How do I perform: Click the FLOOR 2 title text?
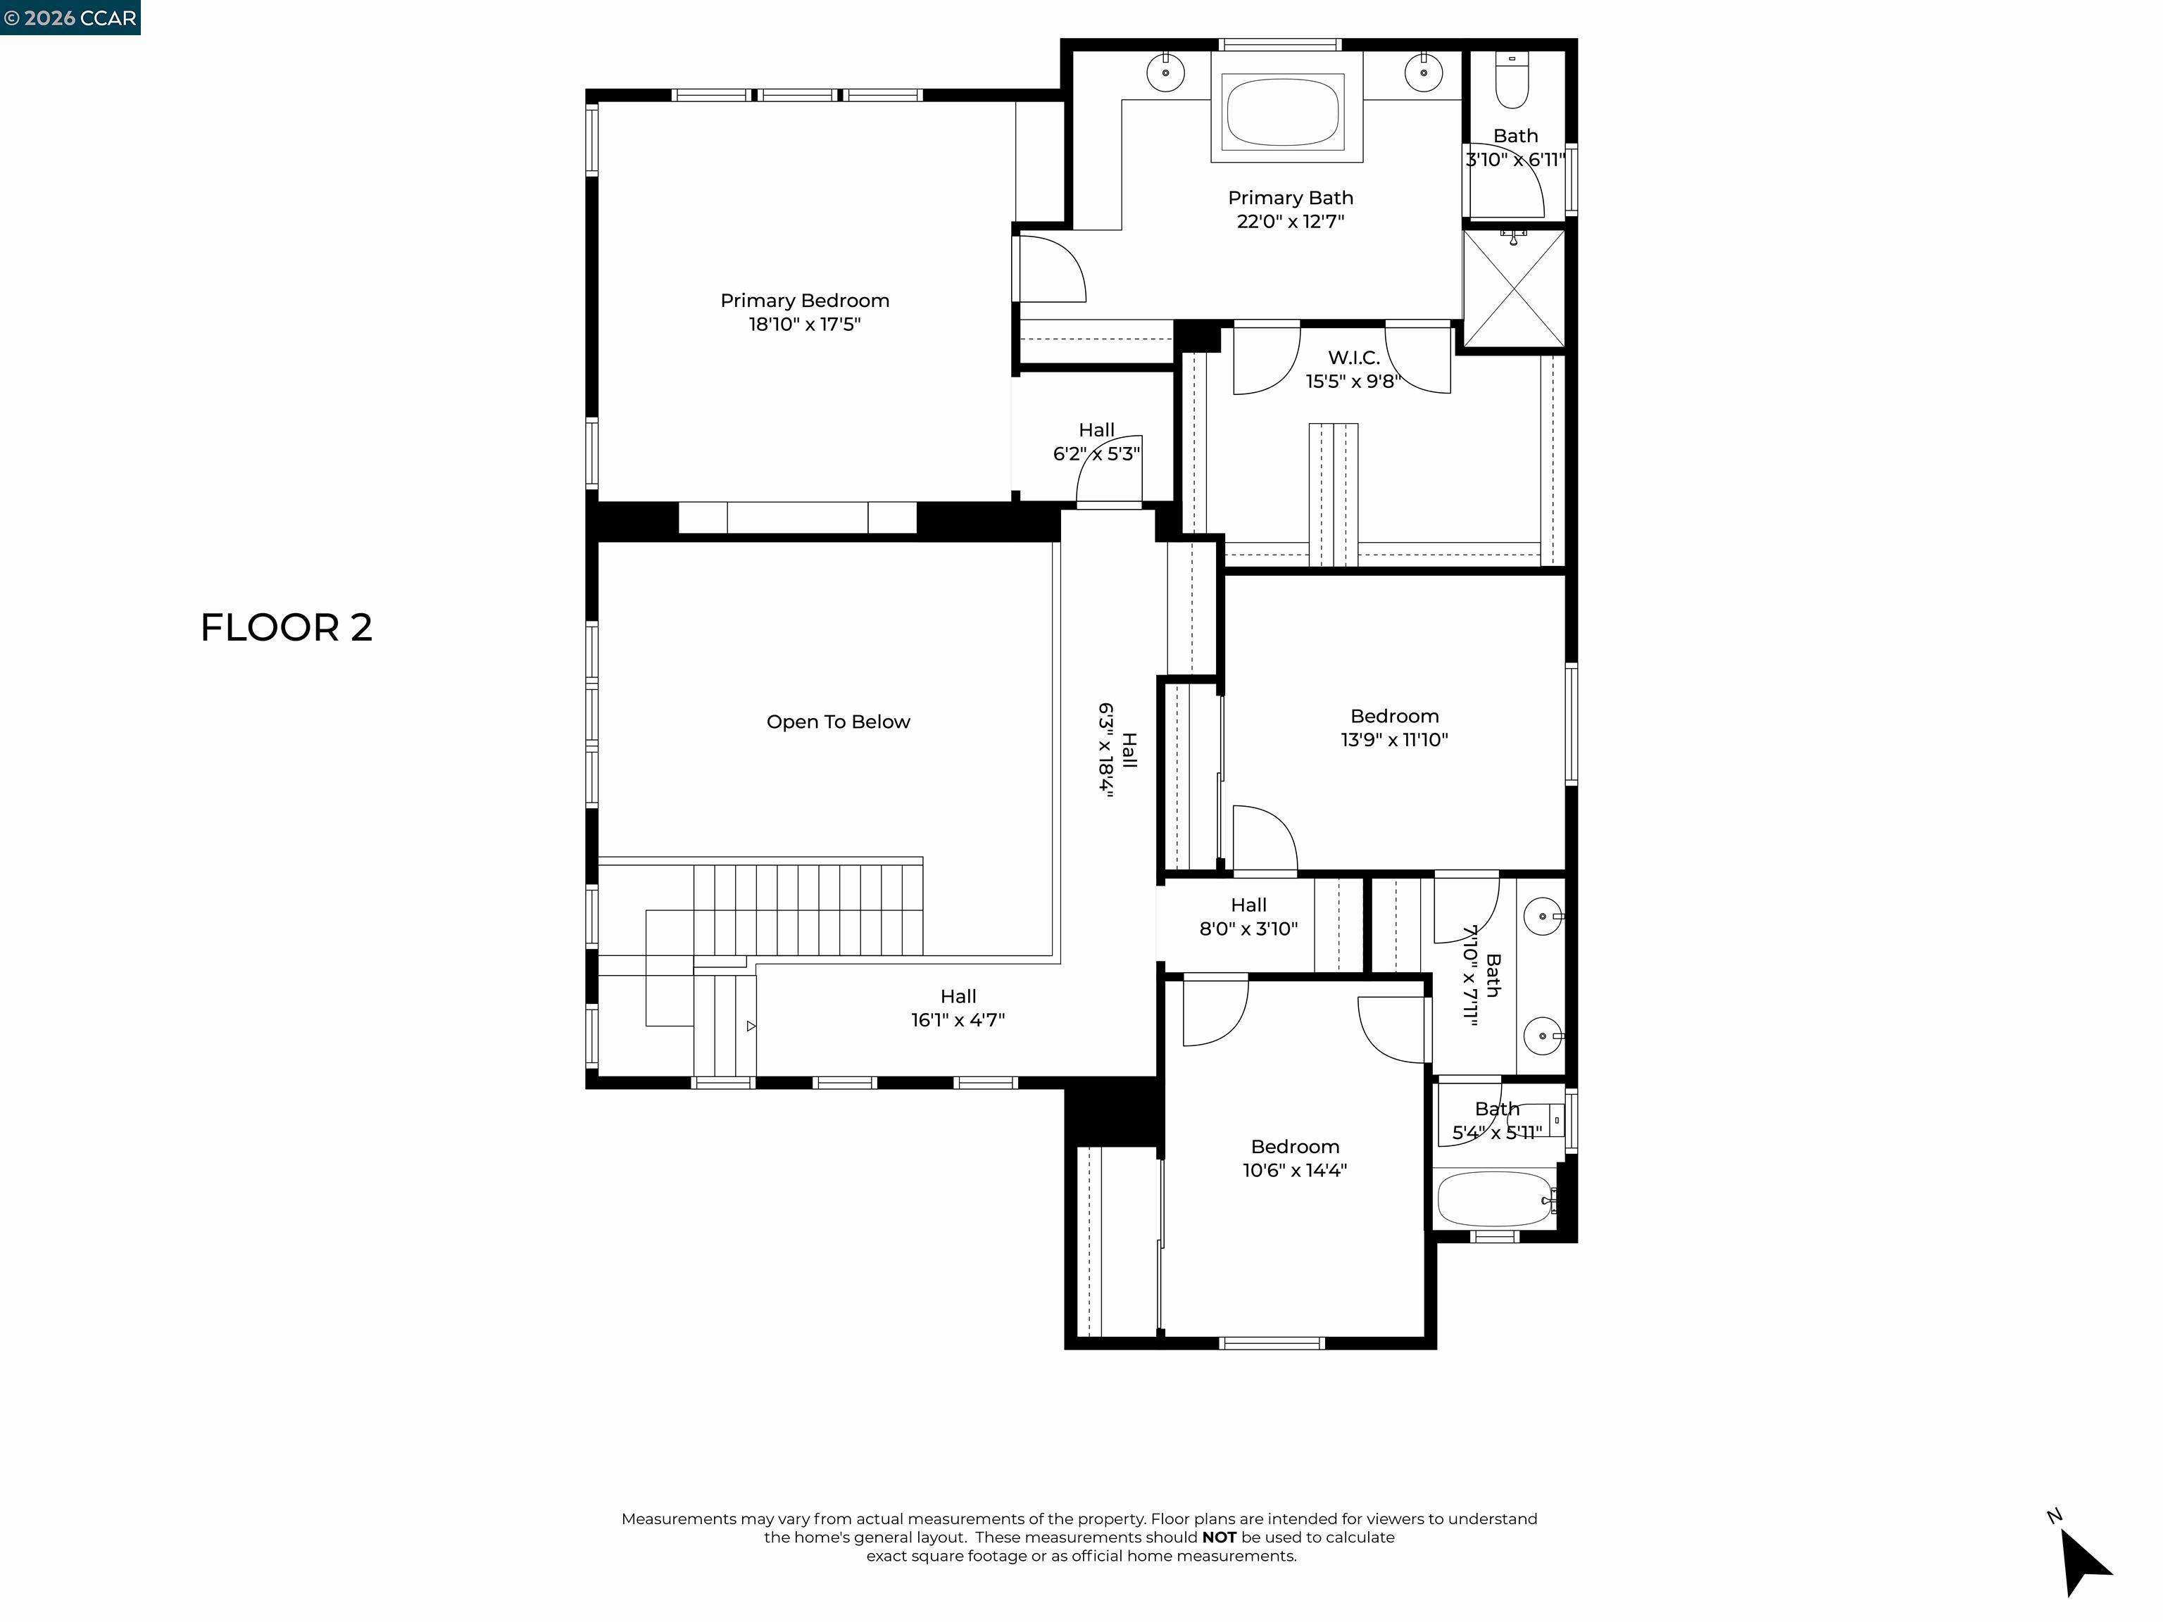287,628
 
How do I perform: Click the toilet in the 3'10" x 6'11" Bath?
1512,84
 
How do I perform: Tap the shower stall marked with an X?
1514,289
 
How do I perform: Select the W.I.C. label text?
1353,358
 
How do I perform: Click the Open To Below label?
838,722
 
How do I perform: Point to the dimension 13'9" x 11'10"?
1393,740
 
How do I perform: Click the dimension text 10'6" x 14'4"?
1295,1170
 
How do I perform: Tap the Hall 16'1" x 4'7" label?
958,1008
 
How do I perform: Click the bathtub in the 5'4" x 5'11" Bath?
1493,1199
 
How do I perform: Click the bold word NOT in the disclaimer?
1220,1537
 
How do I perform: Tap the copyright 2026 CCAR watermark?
70,18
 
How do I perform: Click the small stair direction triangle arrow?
751,1026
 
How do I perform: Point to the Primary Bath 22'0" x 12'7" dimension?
1290,222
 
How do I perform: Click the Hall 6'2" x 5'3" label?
1096,442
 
